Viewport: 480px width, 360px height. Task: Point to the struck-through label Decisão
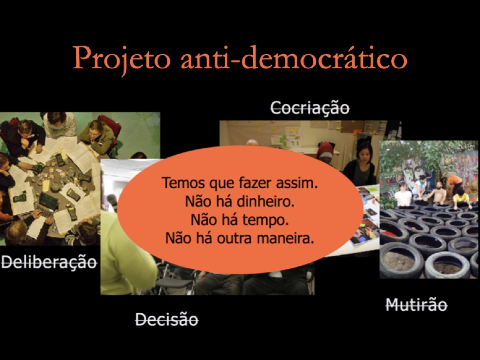click(167, 320)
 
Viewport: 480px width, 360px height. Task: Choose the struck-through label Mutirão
click(417, 305)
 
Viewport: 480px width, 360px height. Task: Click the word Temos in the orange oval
click(183, 183)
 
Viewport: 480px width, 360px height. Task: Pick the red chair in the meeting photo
click(111, 127)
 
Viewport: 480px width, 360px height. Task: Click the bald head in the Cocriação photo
click(252, 142)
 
